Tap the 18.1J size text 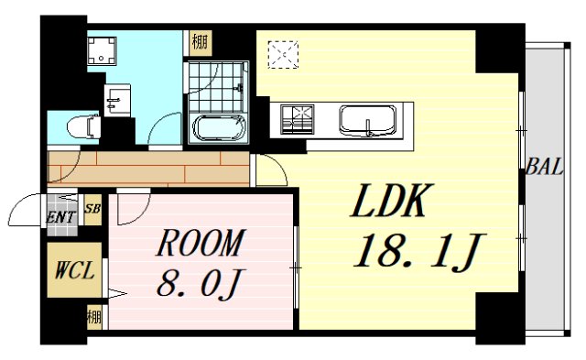pyautogui.click(x=417, y=250)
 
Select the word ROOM pyautogui.click(x=199, y=244)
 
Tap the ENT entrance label pyautogui.click(x=60, y=217)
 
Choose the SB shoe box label pyautogui.click(x=92, y=208)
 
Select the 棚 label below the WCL pyautogui.click(x=92, y=319)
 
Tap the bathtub pyautogui.click(x=218, y=127)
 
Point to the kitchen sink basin pyautogui.click(x=368, y=119)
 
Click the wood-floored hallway pyautogui.click(x=146, y=169)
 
